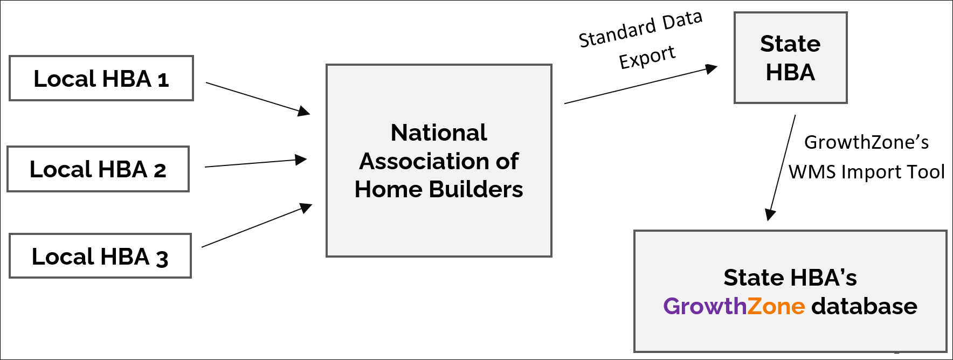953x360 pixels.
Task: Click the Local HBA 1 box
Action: (101, 78)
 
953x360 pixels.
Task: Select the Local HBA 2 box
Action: (98, 169)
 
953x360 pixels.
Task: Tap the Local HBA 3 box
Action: (100, 256)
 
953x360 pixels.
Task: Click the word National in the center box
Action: (439, 133)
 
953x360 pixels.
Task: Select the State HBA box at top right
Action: (790, 58)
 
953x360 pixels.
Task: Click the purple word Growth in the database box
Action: (704, 306)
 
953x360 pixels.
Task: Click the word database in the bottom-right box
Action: (864, 306)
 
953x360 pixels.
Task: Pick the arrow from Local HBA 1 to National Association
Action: (258, 98)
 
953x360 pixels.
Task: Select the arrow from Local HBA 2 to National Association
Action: (255, 163)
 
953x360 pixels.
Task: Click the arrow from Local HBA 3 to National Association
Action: (257, 225)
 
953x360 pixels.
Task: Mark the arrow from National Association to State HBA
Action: (640, 85)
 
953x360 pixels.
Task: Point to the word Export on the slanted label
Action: (647, 57)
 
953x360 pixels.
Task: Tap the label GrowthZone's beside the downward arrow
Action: (866, 142)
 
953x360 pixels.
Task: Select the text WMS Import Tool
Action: (866, 172)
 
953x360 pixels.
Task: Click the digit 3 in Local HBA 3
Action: (162, 258)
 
